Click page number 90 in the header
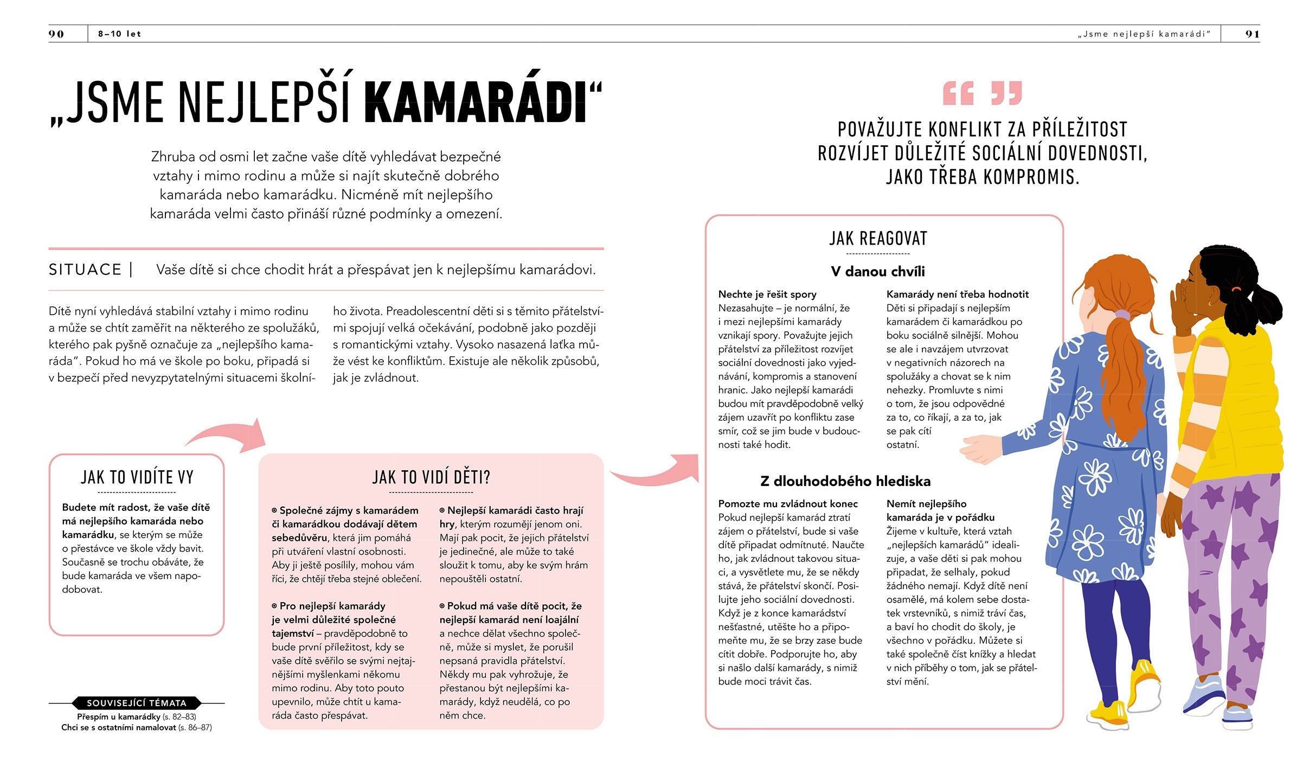tap(56, 34)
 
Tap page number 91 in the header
tap(1252, 34)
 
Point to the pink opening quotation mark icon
tap(958, 93)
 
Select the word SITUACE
tap(85, 270)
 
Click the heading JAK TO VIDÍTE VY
tap(137, 477)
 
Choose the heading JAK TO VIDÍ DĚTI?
tap(431, 477)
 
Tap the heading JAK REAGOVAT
tap(878, 239)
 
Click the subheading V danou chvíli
tap(878, 271)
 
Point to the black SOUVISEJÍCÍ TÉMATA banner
tap(137, 703)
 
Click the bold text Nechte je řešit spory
tap(767, 295)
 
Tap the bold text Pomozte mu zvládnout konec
tap(787, 504)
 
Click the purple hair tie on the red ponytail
tap(1122, 315)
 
